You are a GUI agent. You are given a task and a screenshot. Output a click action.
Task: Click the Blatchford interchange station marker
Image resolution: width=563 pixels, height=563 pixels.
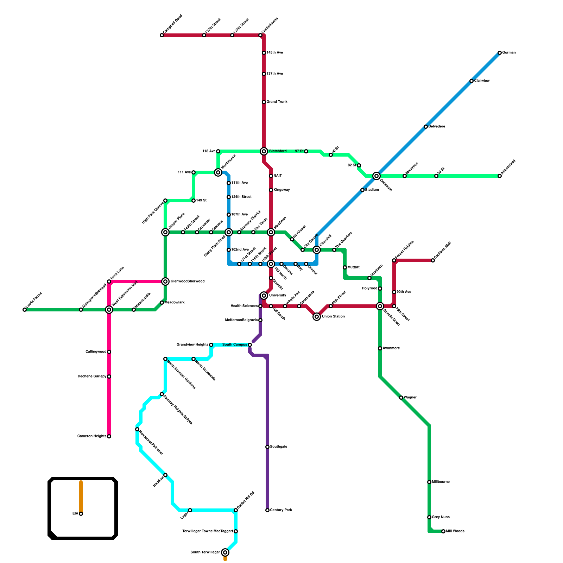pyautogui.click(x=264, y=151)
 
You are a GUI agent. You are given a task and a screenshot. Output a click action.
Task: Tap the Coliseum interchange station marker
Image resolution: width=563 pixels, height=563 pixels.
pyautogui.click(x=377, y=176)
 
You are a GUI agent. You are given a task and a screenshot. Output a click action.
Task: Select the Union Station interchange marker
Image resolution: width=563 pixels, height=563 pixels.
pyautogui.click(x=317, y=317)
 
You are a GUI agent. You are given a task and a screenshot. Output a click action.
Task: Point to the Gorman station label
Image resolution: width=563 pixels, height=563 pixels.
pyautogui.click(x=509, y=53)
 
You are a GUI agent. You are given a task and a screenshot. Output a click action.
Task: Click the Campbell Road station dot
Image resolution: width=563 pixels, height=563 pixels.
pyautogui.click(x=162, y=35)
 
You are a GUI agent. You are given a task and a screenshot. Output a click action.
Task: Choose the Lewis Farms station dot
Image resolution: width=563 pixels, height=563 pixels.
pyautogui.click(x=25, y=310)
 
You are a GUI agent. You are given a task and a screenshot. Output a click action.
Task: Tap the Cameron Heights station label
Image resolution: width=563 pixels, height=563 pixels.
pyautogui.click(x=92, y=436)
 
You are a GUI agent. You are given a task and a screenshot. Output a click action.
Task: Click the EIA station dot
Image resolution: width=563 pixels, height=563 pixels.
pyautogui.click(x=81, y=514)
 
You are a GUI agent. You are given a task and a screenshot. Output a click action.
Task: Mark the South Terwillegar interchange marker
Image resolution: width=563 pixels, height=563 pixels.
pyautogui.click(x=225, y=552)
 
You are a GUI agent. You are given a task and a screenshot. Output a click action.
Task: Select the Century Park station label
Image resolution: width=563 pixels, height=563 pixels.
pyautogui.click(x=281, y=510)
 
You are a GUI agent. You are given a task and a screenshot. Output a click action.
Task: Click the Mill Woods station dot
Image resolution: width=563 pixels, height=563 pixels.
pyautogui.click(x=443, y=531)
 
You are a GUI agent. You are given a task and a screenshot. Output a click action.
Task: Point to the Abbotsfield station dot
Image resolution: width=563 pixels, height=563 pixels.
pyautogui.click(x=500, y=176)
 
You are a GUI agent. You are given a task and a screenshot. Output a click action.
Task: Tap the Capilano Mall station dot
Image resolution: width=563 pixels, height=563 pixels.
pyautogui.click(x=433, y=260)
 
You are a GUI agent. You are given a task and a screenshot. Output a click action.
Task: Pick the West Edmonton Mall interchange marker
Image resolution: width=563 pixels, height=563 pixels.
pyautogui.click(x=109, y=310)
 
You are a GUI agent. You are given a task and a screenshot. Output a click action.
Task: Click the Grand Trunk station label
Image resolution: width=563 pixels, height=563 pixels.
pyautogui.click(x=277, y=102)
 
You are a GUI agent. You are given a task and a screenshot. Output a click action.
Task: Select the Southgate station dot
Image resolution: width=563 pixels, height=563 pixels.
pyautogui.click(x=267, y=447)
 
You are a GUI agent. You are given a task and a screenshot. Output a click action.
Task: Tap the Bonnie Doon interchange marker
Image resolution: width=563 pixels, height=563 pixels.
pyautogui.click(x=380, y=306)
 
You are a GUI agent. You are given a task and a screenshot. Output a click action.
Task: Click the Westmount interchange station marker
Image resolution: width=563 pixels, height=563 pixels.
pyautogui.click(x=218, y=172)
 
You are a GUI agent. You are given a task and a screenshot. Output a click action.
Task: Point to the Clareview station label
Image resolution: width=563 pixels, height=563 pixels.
pyautogui.click(x=482, y=81)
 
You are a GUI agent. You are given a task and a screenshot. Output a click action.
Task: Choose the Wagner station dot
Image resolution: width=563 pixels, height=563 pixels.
pyautogui.click(x=401, y=398)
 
